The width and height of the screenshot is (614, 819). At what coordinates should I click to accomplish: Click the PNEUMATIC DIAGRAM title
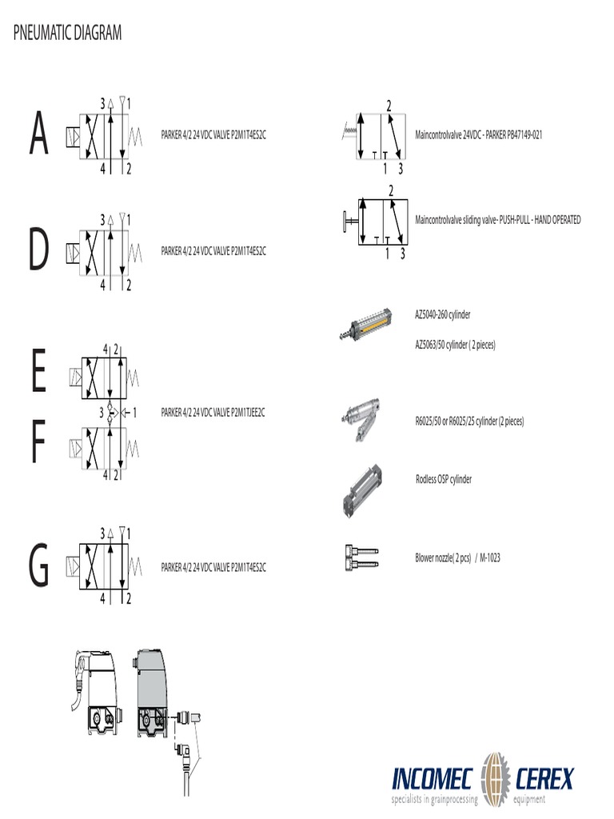click(68, 33)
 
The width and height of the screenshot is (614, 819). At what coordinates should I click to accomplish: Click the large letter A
click(38, 135)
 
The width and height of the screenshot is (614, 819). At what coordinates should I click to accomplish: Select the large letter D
click(38, 250)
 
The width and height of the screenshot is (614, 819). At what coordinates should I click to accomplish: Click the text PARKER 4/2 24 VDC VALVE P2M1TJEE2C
click(213, 413)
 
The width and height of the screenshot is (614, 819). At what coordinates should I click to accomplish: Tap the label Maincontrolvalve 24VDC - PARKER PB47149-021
click(479, 135)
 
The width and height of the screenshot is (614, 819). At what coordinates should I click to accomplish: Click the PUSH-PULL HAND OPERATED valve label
click(497, 219)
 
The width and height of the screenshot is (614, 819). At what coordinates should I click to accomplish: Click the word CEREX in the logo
click(545, 777)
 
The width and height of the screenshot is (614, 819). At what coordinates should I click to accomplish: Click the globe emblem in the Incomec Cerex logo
click(495, 777)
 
